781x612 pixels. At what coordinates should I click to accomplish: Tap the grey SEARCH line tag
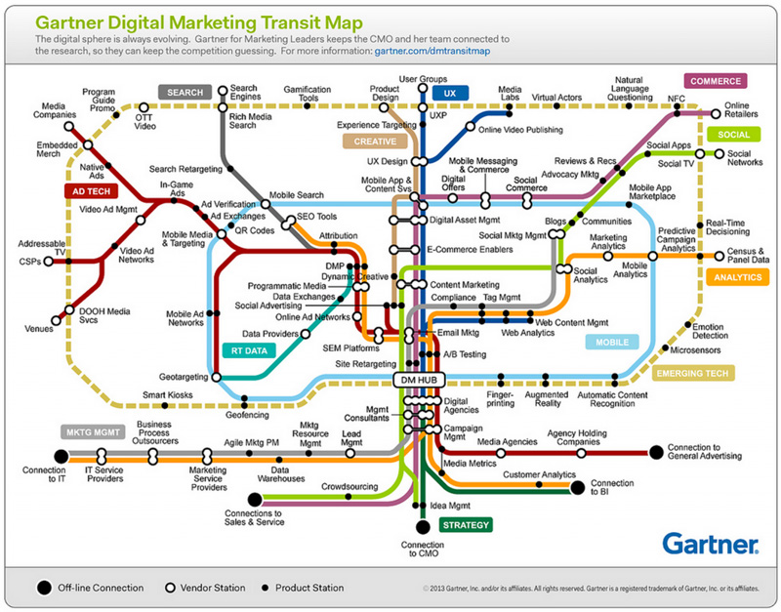185,93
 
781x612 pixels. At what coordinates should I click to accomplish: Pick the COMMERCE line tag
716,81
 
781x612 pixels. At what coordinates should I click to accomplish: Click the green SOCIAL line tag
731,135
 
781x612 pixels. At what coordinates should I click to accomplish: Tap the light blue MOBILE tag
612,343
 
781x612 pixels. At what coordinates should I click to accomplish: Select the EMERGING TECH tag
694,373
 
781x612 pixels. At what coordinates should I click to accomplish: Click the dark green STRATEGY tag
466,525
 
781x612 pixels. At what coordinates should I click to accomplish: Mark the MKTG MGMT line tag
94,431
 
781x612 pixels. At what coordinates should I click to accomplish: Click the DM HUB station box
419,378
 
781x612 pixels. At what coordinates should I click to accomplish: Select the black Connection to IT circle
61,455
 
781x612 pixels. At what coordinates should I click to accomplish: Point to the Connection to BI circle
577,487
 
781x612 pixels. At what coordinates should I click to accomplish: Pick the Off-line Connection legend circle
44,588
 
